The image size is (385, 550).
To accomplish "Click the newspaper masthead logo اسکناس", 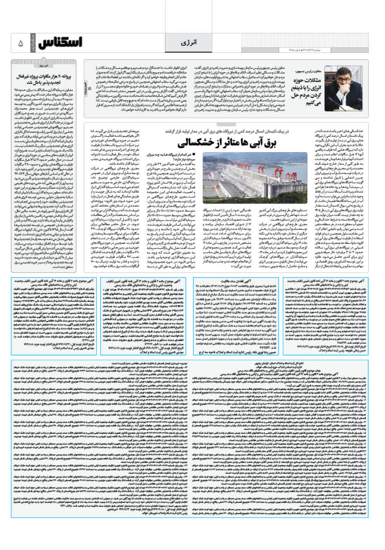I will pos(60,43).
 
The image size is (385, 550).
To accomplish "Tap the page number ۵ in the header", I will pos(20,43).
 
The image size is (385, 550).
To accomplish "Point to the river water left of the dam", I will pos(215,189).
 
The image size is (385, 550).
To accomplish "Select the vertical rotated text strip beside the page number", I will pos(32,43).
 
